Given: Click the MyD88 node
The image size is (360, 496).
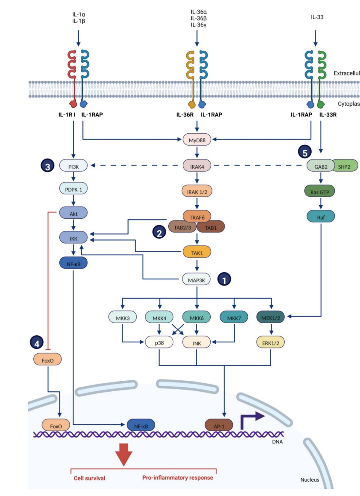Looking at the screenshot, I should point(196,140).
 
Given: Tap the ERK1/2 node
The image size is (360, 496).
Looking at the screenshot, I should point(270,342).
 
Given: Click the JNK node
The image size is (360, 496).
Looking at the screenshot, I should point(196,342).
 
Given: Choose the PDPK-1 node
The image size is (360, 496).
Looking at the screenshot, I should point(74,190).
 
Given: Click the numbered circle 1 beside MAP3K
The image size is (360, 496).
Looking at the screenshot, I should point(224,279).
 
